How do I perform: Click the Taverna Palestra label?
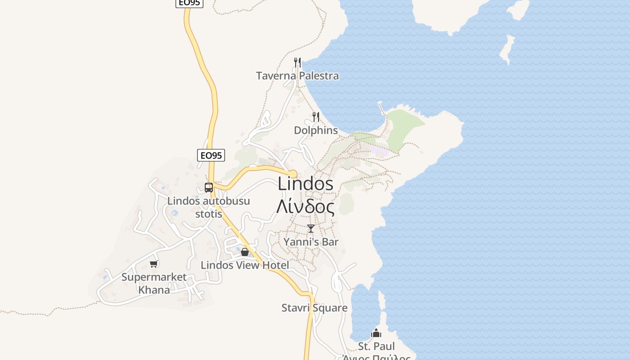(x=297, y=76)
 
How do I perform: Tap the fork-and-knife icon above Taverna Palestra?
(x=297, y=62)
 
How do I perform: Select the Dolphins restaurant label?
(x=315, y=130)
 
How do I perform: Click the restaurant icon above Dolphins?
(x=316, y=117)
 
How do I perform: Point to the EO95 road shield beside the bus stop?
(x=211, y=155)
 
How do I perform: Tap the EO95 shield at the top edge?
(x=189, y=3)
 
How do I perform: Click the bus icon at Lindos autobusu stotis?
(x=209, y=188)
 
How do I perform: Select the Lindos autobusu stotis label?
(x=208, y=207)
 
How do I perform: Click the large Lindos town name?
(x=306, y=184)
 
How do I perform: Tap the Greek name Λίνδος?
(x=306, y=207)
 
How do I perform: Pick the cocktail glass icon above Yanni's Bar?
(x=310, y=229)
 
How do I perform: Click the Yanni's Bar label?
(x=310, y=242)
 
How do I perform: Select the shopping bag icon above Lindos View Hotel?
(x=245, y=252)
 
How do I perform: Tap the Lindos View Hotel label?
(x=245, y=265)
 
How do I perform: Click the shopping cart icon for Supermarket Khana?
(x=154, y=264)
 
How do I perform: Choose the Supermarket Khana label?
(x=154, y=283)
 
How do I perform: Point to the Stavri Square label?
(x=314, y=308)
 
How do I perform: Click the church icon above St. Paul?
(x=376, y=333)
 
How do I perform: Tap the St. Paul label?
(x=376, y=346)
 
